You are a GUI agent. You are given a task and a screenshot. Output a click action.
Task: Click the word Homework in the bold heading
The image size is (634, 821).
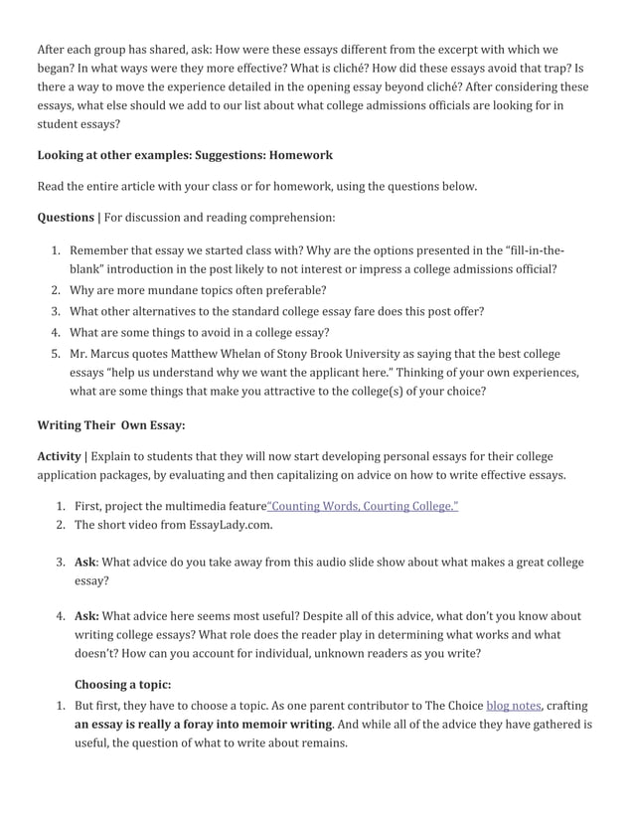pyautogui.click(x=301, y=155)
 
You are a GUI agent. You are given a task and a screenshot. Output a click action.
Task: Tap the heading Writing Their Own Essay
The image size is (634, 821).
pyautogui.click(x=111, y=425)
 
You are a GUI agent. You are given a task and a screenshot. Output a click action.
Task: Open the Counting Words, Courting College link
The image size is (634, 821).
pyautogui.click(x=362, y=506)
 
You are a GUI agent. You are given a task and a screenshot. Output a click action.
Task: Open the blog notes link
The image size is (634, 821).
pyautogui.click(x=513, y=706)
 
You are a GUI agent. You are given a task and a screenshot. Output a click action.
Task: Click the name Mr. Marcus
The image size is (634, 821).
pyautogui.click(x=100, y=354)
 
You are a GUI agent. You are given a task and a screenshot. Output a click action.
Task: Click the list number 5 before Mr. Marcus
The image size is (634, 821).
pyautogui.click(x=56, y=354)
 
